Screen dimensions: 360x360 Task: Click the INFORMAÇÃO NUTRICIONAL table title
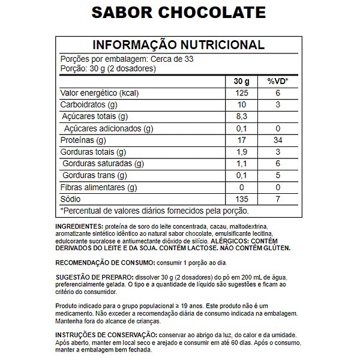178,45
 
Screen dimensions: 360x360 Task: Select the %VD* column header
278,81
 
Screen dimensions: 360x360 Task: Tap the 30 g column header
241,81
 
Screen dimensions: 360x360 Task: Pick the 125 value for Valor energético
241,93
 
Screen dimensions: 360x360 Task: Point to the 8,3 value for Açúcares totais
241,116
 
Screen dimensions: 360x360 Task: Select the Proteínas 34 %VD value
278,140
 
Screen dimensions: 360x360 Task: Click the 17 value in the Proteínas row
241,140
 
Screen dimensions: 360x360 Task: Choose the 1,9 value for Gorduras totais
241,152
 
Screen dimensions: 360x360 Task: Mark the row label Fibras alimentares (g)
99,187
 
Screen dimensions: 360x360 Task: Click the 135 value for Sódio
241,199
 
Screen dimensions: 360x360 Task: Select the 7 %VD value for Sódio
278,199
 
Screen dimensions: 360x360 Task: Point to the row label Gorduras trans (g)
95,176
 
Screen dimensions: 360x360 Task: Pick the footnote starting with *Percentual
155,211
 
